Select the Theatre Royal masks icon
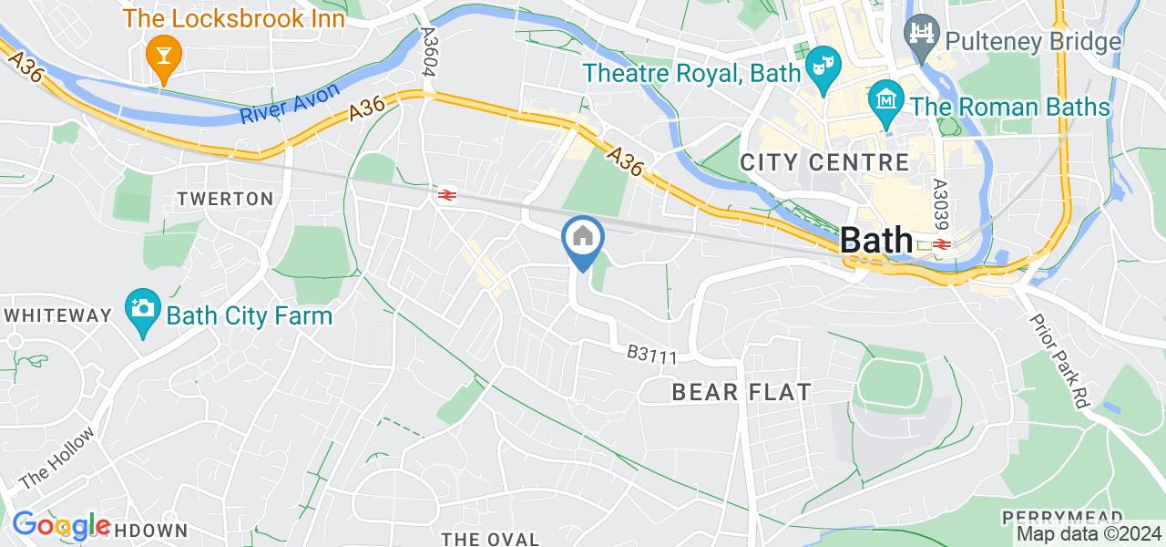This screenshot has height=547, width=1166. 822,69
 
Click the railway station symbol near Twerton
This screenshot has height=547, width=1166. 446,194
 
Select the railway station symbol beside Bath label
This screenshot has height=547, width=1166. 941,244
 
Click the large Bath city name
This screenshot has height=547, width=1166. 876,240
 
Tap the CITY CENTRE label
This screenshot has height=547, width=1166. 824,163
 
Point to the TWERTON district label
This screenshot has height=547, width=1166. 225,199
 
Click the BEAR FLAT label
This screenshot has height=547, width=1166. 742,393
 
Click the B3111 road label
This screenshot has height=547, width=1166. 651,355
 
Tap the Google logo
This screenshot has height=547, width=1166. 60,525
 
